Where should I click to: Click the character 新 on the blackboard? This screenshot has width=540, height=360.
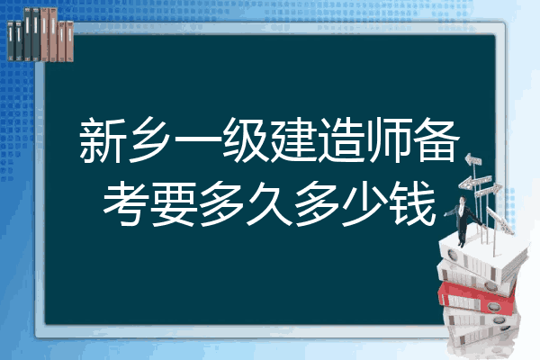coord(102,140)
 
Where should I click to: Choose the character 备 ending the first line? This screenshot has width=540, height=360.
coord(437,140)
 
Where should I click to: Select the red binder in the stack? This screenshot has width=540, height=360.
coord(477,298)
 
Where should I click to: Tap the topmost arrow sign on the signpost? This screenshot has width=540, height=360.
coord(473,159)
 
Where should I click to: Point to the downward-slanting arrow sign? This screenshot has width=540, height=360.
coord(500,220)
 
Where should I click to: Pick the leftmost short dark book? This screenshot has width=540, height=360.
coord(11,41)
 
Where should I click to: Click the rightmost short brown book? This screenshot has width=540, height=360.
coord(69,41)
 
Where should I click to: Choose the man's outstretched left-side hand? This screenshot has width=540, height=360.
coord(445,214)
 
